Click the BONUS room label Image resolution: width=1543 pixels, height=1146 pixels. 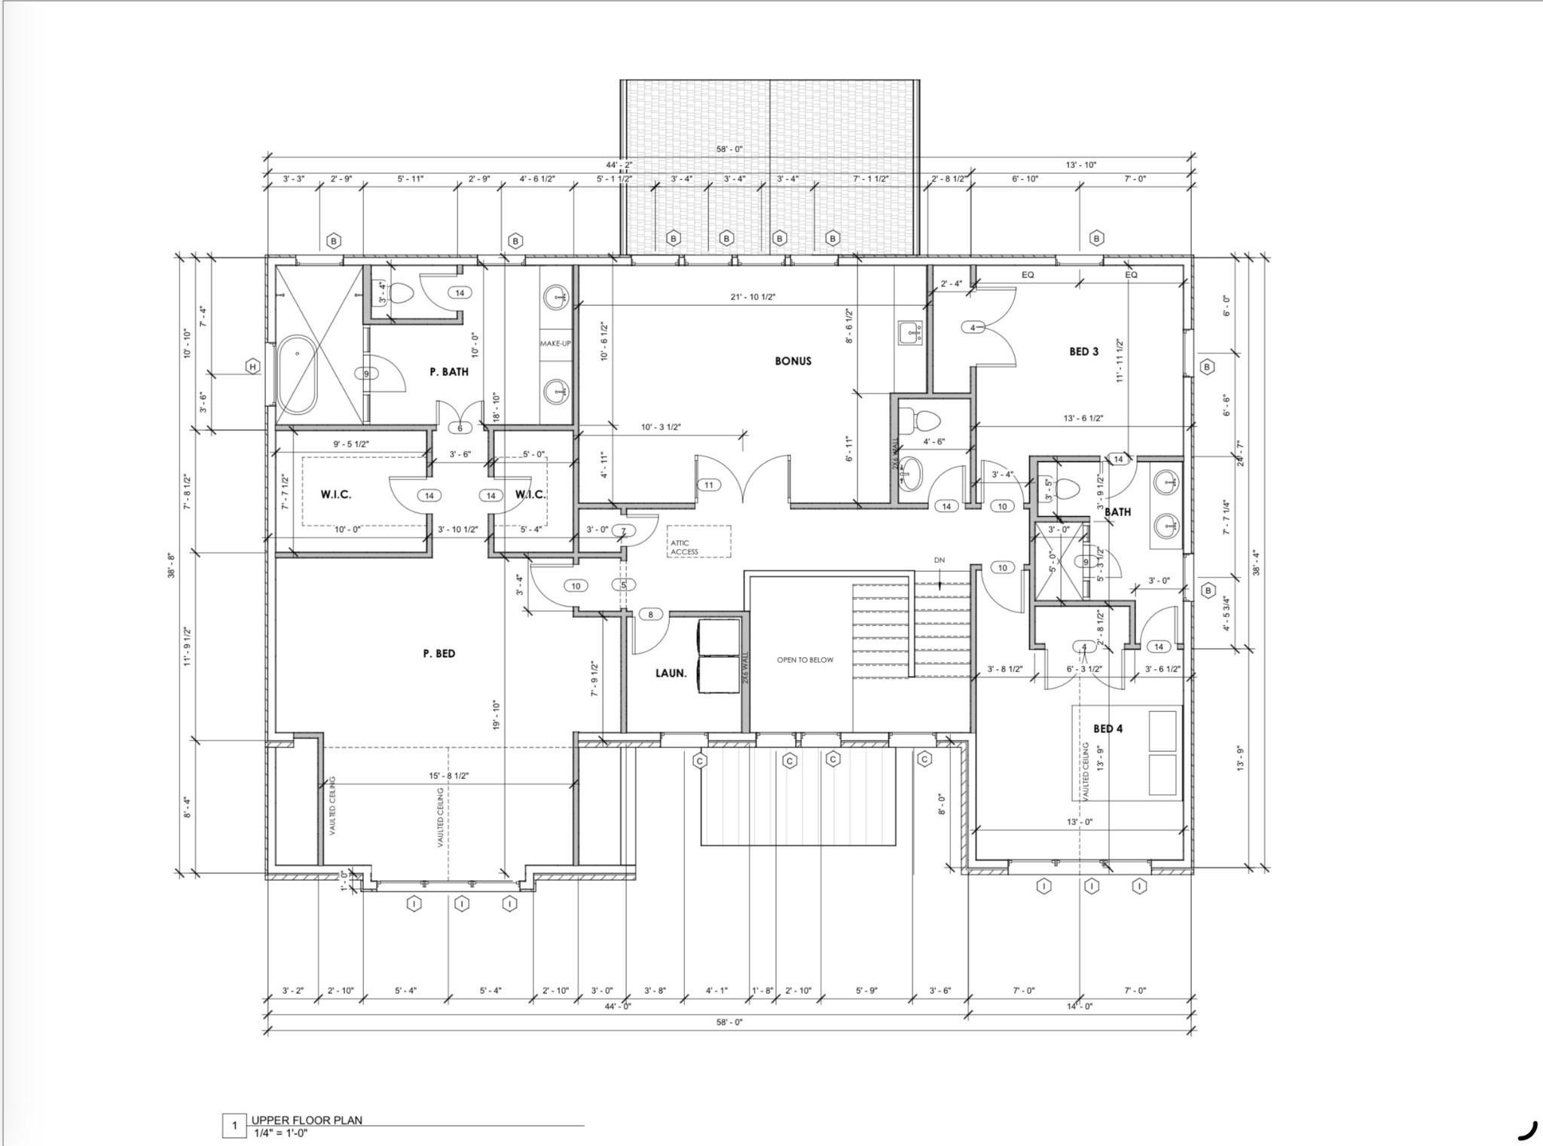(x=793, y=361)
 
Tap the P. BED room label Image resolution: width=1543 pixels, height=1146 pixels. (x=439, y=653)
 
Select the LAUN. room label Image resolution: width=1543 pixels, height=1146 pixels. (x=671, y=673)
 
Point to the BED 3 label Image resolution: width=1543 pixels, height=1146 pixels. (x=1084, y=351)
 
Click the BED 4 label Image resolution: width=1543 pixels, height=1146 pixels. (x=1108, y=729)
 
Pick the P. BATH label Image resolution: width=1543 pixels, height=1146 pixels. (x=449, y=371)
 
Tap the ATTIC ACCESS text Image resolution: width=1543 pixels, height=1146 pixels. (x=685, y=547)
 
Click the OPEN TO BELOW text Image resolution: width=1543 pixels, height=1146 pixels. (x=805, y=660)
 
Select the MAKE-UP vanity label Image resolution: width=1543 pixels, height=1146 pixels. (x=555, y=344)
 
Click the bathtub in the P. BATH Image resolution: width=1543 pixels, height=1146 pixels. (x=298, y=374)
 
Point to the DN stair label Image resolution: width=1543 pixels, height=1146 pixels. (x=940, y=561)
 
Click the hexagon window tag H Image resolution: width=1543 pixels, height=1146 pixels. (x=253, y=367)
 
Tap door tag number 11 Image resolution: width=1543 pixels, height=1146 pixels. (x=708, y=485)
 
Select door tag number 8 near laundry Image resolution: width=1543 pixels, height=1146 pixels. (x=651, y=615)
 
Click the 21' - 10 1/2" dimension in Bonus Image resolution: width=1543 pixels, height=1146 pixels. (x=753, y=297)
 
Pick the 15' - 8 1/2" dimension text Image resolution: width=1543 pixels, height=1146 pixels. (x=448, y=775)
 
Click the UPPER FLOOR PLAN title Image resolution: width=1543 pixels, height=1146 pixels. (x=307, y=1120)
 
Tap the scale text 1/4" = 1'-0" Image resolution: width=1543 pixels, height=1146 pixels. (x=280, y=1132)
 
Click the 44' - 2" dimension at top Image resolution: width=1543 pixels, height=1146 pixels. (x=619, y=164)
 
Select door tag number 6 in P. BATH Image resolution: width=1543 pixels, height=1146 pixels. (x=460, y=428)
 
